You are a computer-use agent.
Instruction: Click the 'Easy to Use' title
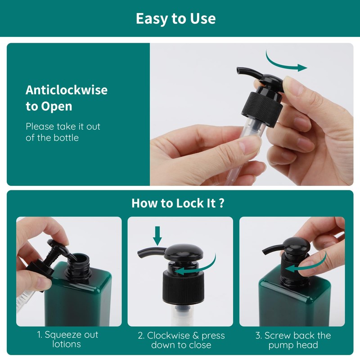(175, 18)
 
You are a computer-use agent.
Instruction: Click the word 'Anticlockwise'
(67, 90)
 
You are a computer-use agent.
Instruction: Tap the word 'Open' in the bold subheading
(57, 106)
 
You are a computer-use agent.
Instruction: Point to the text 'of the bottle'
(52, 138)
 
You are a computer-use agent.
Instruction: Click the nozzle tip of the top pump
(239, 71)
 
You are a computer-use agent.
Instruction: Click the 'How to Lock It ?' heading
(178, 203)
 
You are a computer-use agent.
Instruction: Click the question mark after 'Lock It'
(221, 203)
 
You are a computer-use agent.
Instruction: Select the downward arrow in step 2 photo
(157, 236)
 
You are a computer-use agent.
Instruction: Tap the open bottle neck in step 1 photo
(78, 265)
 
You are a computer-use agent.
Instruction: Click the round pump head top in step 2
(184, 252)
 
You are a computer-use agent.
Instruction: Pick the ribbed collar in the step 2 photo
(184, 288)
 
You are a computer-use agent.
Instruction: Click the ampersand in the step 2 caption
(196, 336)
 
